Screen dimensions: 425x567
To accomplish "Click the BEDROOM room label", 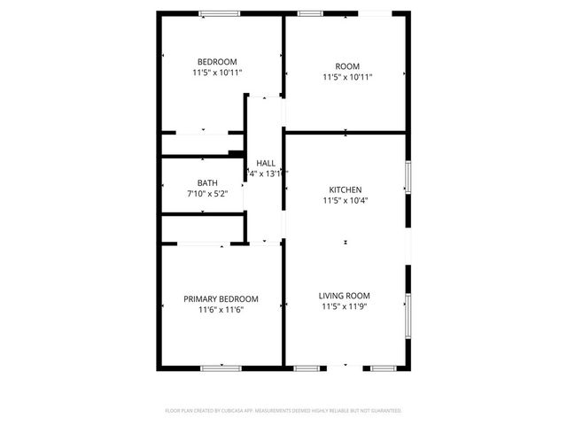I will pos(217,61).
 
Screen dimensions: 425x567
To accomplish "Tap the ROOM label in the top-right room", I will pos(347,66).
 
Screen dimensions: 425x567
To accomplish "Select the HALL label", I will pos(266,163).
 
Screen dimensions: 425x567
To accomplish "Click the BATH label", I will pos(207,182).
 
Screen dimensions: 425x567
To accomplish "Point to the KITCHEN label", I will pos(346,189).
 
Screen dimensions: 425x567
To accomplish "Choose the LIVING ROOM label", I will pos(345,296).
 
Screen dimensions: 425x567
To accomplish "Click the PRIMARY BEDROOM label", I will pos(221,298).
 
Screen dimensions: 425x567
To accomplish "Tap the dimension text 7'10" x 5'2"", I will pos(207,193).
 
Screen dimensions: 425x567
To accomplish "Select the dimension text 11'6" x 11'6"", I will pos(221,310).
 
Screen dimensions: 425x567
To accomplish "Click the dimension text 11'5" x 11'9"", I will pos(345,307).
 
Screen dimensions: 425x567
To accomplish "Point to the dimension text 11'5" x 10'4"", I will pos(346,201).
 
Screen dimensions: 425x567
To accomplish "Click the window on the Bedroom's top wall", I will pos(219,12).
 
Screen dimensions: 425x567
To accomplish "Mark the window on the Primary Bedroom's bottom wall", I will pos(221,367).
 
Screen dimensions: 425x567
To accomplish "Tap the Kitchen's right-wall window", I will pos(408,176).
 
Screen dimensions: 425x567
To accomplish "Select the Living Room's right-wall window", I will pos(408,313).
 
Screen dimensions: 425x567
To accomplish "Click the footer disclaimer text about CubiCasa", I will pos(283,411).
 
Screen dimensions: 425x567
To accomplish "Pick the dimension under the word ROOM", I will pos(347,77).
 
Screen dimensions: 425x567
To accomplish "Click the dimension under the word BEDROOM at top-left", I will pos(217,73).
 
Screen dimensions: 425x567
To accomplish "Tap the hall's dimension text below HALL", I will pos(266,174).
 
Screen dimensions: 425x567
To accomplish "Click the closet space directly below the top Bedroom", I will pos(202,144).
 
